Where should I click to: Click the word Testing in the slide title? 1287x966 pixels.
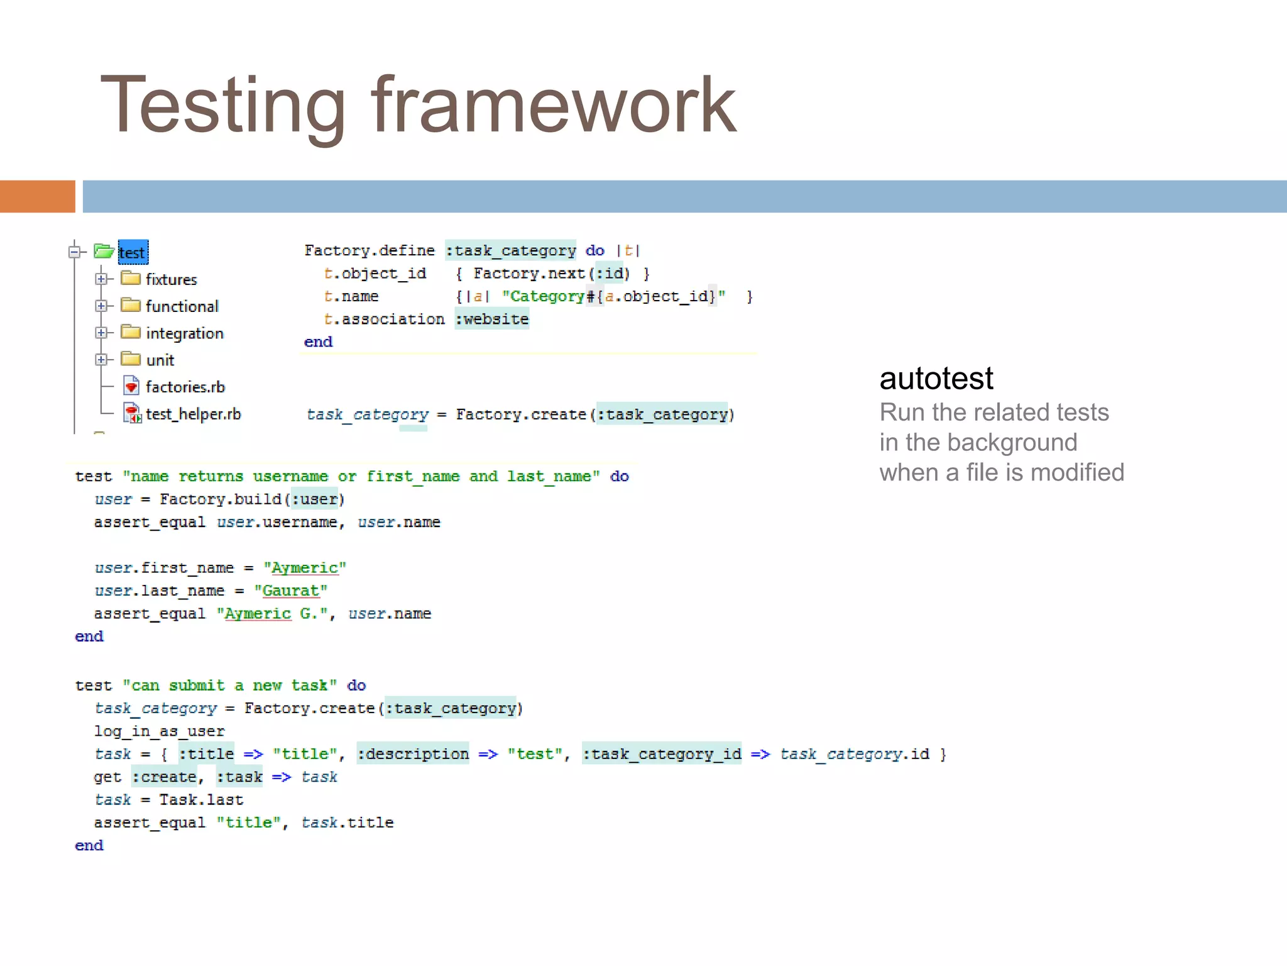222,106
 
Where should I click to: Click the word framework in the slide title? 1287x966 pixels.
553,106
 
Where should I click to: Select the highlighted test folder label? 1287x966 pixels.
133,253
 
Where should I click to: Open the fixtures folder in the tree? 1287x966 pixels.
171,279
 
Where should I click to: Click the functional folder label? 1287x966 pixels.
182,306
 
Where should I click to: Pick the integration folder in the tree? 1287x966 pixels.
184,333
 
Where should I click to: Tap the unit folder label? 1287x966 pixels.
160,360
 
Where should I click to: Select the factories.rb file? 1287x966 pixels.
185,387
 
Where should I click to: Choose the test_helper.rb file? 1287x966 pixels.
193,414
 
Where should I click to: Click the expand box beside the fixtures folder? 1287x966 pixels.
101,279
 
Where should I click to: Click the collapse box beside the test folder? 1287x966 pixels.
74,252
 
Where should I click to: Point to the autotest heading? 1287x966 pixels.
936,379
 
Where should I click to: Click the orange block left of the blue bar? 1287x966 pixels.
37,196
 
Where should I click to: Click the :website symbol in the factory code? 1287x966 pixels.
491,319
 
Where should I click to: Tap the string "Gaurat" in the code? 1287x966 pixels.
291,591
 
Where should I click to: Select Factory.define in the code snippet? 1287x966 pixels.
370,250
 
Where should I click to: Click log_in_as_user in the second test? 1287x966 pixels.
159,731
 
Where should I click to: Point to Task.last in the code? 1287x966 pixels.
201,800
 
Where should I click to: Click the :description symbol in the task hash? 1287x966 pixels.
413,754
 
